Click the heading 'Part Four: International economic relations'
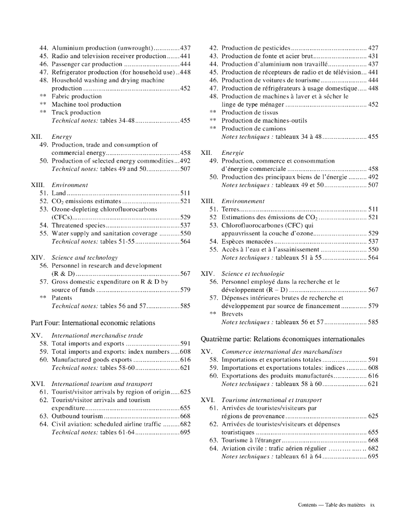click(x=93, y=323)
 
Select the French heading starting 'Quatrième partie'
click(x=283, y=339)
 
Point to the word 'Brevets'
click(x=232, y=314)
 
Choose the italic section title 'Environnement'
click(x=243, y=201)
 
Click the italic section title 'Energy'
click(x=61, y=137)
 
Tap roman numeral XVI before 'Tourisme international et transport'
click(x=208, y=400)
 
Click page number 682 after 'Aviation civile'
click(x=373, y=448)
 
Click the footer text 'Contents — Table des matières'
click(x=332, y=504)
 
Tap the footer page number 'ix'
click(x=372, y=504)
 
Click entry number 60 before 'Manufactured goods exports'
click(x=44, y=359)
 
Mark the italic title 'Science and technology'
click(x=85, y=258)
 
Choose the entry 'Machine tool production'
click(x=86, y=104)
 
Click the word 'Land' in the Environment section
click(x=59, y=193)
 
